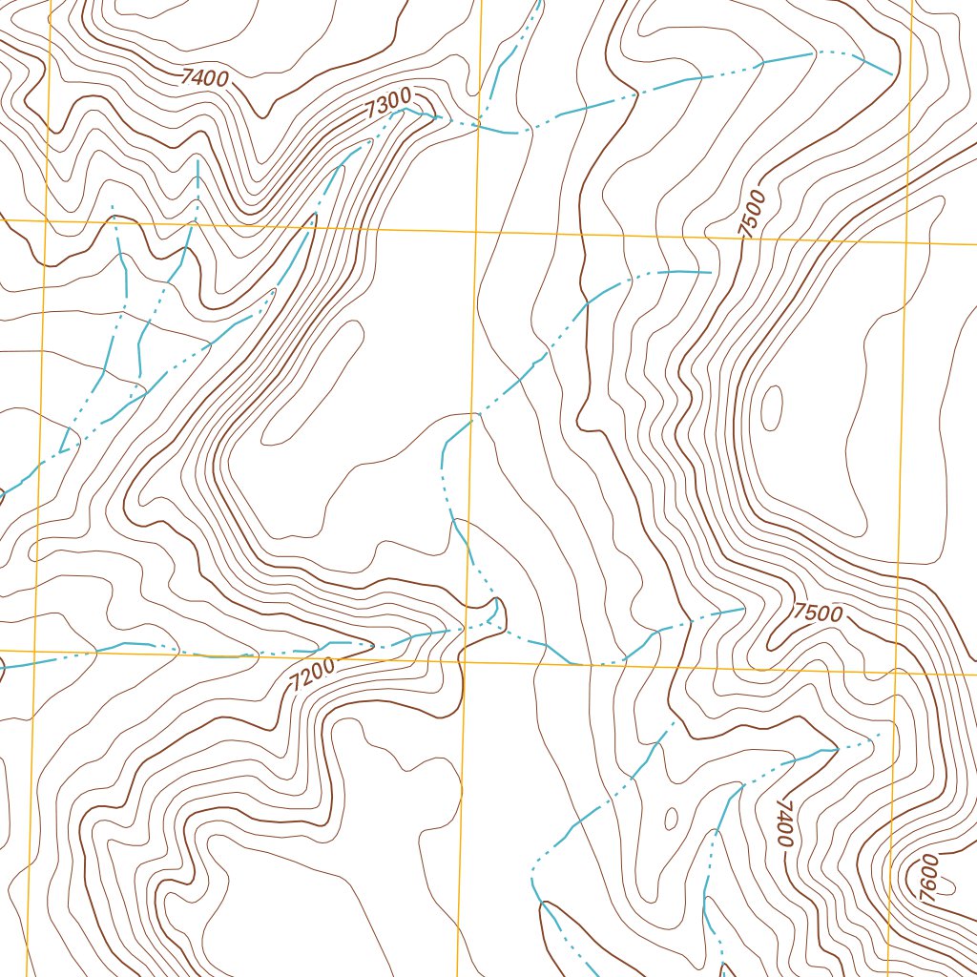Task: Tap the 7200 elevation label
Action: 313,676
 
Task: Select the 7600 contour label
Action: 926,874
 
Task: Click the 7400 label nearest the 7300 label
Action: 204,78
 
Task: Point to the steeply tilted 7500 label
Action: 752,214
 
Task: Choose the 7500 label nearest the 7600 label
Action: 819,613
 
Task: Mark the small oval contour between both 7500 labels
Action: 771,407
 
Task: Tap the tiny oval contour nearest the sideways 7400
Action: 671,819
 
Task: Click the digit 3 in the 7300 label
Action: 379,107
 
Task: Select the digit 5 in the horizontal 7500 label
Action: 810,612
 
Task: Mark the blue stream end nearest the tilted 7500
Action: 711,273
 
